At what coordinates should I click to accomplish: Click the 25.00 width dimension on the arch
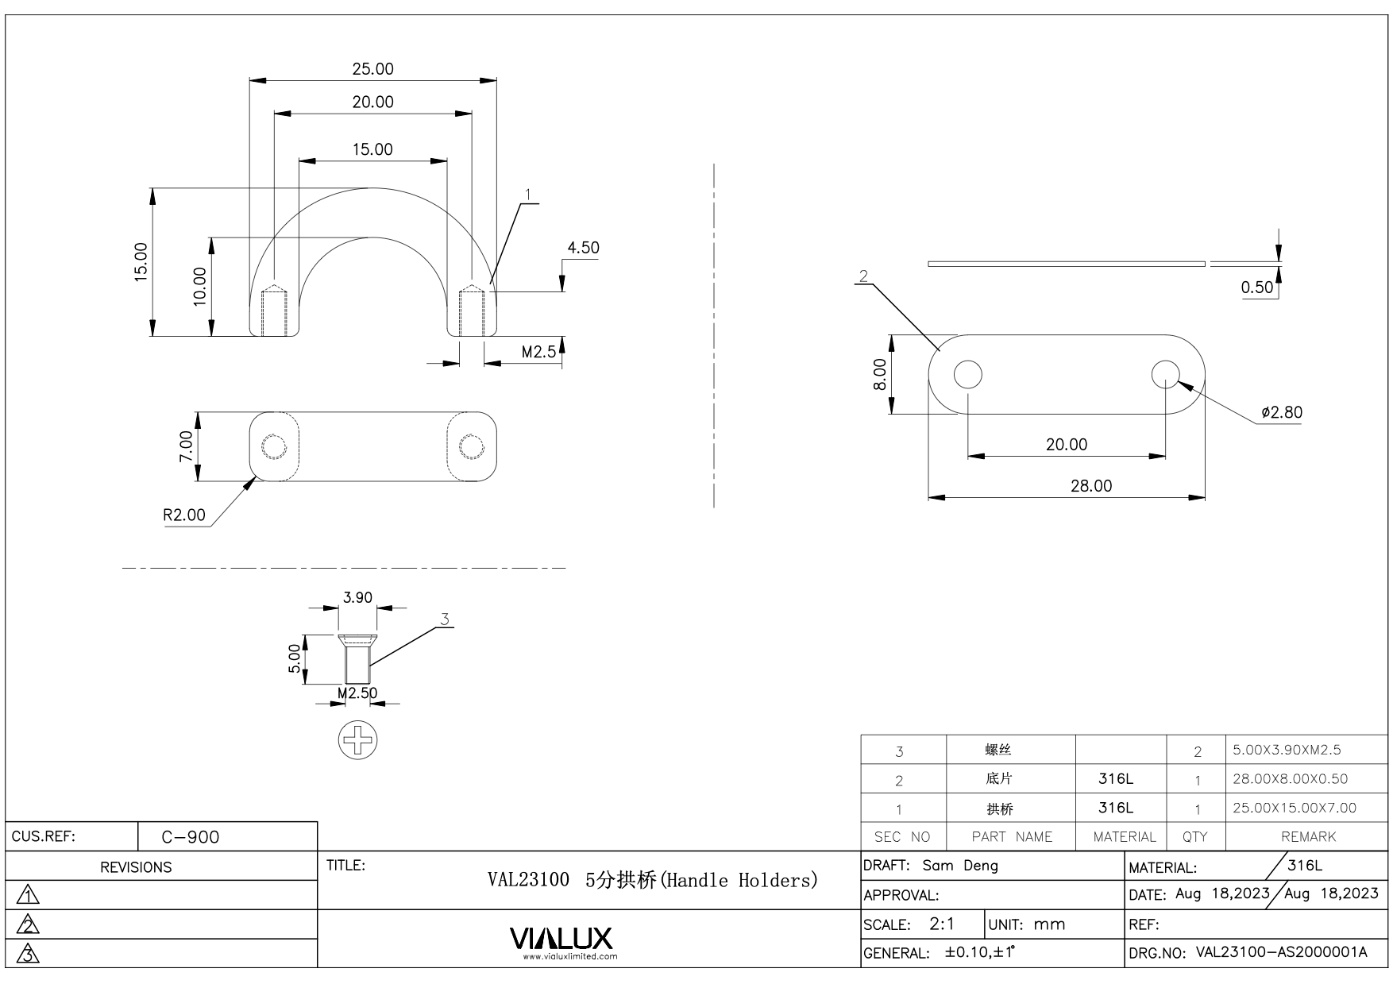point(372,69)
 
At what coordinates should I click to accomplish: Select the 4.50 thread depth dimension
point(583,248)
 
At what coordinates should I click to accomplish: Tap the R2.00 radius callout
point(184,515)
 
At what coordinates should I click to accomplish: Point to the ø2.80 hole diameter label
point(1281,412)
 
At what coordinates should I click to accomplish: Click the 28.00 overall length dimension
point(1091,486)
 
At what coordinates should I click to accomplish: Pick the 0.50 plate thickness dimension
point(1257,287)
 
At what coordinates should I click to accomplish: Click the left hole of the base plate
point(967,374)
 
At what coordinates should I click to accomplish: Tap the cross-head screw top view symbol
point(357,740)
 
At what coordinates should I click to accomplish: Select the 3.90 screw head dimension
point(357,597)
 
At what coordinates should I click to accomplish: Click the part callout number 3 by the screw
point(445,619)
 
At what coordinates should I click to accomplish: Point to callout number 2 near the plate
point(863,276)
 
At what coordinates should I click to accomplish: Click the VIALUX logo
point(561,940)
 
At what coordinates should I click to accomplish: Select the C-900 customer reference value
point(191,837)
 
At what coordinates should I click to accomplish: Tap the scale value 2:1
point(942,924)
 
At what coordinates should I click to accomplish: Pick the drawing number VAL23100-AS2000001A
point(1281,953)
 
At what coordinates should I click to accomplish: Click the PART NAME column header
point(1011,837)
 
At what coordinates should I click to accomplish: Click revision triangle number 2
point(29,924)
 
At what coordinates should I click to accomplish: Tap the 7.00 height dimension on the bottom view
point(185,446)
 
